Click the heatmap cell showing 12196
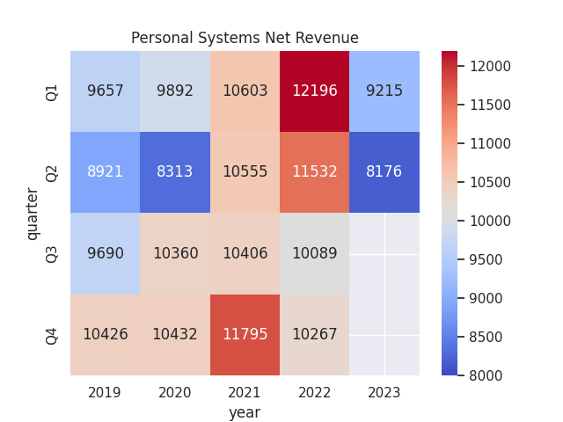tap(314, 91)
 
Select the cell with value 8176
tap(384, 172)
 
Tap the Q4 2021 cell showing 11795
tap(245, 335)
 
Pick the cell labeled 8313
tap(175, 172)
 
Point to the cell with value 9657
tap(105, 91)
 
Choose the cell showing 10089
tap(314, 253)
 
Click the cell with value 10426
tap(105, 335)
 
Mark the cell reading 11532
tap(314, 172)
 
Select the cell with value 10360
tap(175, 253)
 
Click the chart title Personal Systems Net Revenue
tap(245, 38)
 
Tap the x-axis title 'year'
tap(245, 411)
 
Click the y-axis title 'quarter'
tap(33, 213)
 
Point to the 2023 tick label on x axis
tap(384, 392)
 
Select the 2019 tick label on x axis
tap(105, 392)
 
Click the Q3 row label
tap(52, 253)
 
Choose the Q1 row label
tap(52, 91)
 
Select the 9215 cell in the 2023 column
tap(384, 91)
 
